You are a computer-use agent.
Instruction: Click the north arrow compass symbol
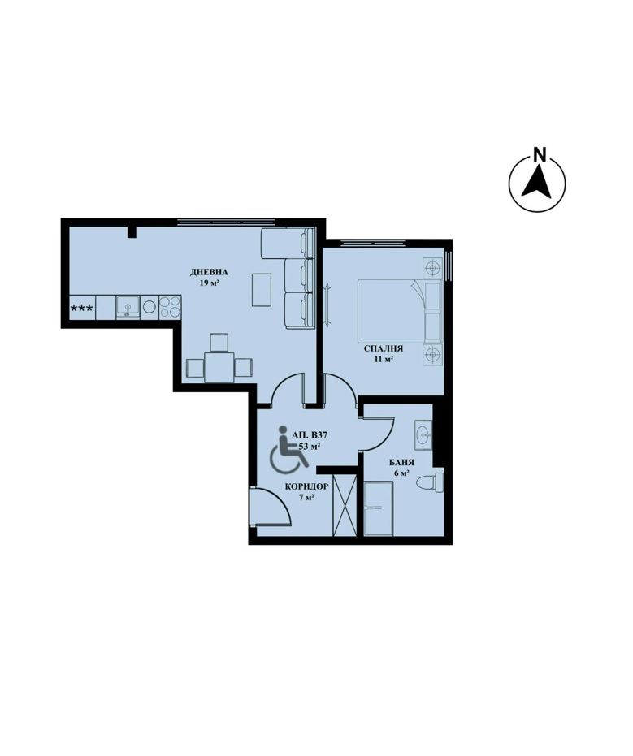click(x=537, y=184)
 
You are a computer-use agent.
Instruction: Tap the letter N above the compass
click(x=540, y=155)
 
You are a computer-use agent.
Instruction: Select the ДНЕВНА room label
click(x=209, y=272)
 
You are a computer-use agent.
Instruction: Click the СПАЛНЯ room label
click(x=383, y=348)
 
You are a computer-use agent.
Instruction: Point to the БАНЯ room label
click(x=402, y=462)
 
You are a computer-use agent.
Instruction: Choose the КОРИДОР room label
click(x=306, y=487)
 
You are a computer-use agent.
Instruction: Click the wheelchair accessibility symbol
click(x=288, y=449)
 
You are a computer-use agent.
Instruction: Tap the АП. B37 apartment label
click(x=310, y=435)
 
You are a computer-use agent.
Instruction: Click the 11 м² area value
click(x=384, y=359)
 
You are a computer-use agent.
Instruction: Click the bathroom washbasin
click(x=423, y=434)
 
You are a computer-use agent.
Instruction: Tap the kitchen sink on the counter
click(x=128, y=307)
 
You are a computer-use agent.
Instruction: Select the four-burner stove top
click(x=170, y=307)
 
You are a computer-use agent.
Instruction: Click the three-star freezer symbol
click(x=83, y=307)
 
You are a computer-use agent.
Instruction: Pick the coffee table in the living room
click(x=262, y=290)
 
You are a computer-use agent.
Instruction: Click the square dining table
click(x=219, y=367)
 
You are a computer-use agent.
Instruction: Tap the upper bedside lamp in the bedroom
click(x=433, y=267)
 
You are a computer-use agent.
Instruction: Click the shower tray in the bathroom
click(x=379, y=508)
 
